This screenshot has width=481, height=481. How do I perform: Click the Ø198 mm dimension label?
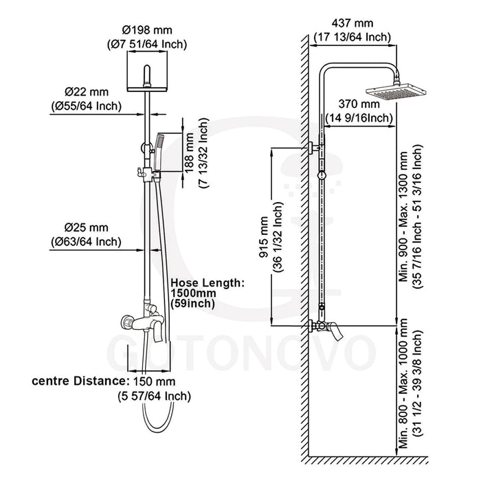(x=146, y=31)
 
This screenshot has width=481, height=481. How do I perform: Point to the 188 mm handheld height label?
(x=190, y=155)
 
